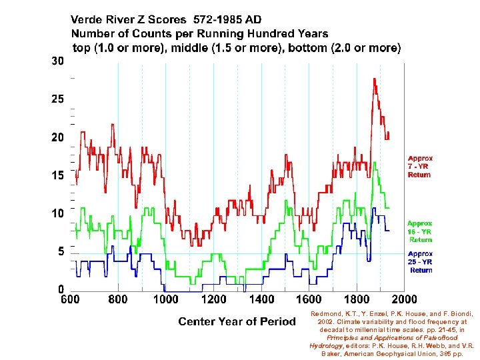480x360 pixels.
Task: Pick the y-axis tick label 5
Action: (61, 252)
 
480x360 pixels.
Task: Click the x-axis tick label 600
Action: (71, 300)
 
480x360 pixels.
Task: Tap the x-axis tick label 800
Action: (118, 300)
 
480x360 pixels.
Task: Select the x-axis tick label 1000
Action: (165, 300)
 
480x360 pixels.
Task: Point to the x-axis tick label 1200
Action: (213, 300)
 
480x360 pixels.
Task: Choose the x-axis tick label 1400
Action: (261, 300)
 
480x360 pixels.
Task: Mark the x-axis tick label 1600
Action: (309, 300)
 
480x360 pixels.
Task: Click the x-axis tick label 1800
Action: (356, 300)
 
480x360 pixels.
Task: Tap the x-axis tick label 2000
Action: (404, 300)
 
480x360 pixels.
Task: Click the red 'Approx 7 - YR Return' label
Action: (420, 167)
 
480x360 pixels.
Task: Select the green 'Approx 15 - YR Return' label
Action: (420, 231)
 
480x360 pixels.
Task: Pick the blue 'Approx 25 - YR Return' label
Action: (420, 262)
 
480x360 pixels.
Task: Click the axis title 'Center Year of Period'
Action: (237, 322)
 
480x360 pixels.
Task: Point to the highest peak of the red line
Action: (374, 79)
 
